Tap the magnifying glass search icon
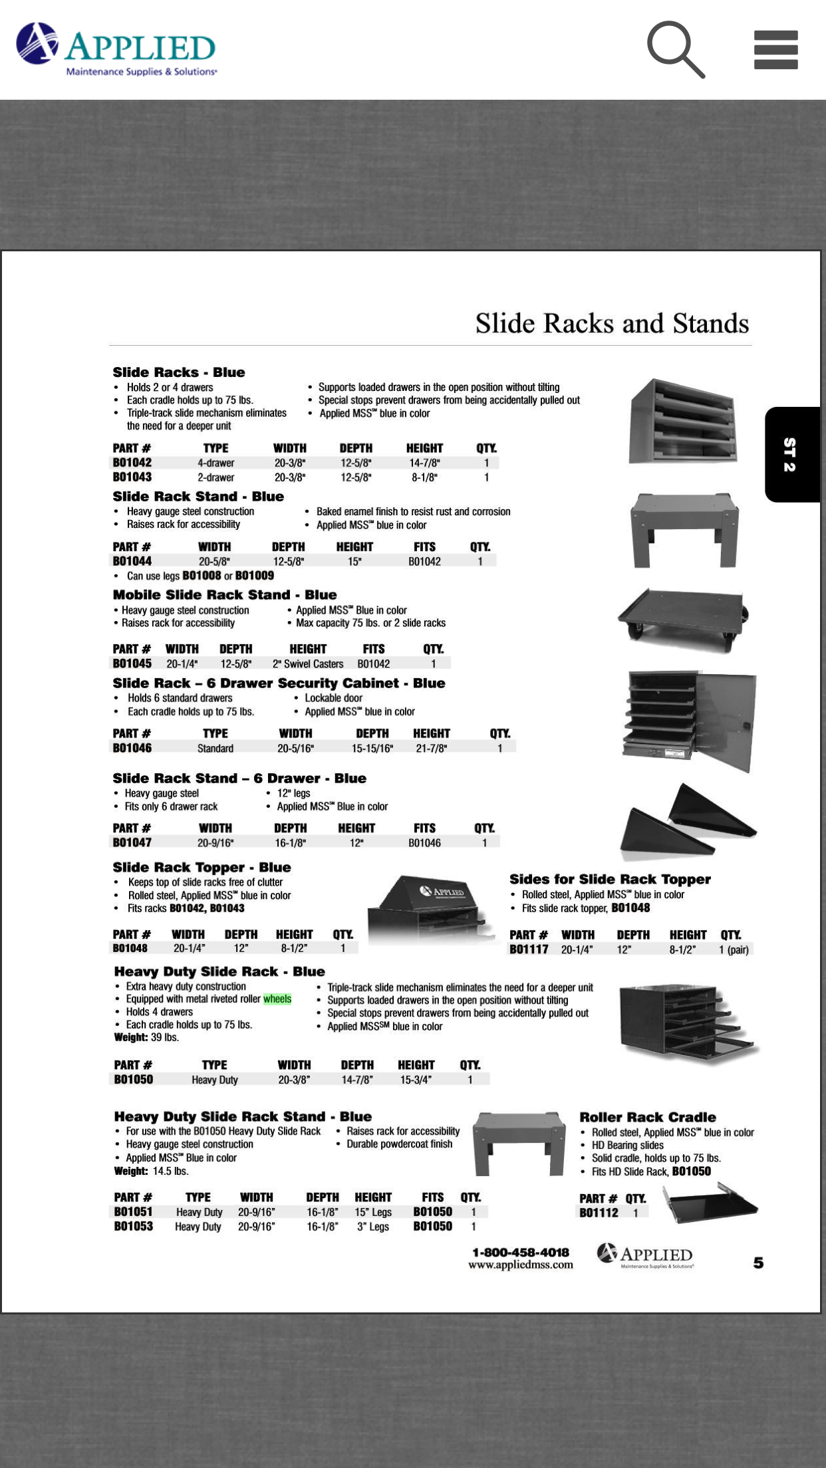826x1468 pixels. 675,49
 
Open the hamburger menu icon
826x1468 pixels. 775,50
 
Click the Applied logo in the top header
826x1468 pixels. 117,49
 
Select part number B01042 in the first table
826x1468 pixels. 132,463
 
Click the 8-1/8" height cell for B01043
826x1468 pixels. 424,477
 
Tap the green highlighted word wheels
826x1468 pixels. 277,999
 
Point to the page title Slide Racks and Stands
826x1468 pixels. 612,324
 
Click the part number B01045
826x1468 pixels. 132,664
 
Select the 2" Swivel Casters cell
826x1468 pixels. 308,664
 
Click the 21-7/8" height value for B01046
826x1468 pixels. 431,748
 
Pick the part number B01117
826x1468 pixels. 529,949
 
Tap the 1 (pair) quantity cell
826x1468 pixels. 734,949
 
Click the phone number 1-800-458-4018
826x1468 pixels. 521,1252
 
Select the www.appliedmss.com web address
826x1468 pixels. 521,1265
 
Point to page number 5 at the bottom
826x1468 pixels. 758,1263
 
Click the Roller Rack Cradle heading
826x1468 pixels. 648,1117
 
